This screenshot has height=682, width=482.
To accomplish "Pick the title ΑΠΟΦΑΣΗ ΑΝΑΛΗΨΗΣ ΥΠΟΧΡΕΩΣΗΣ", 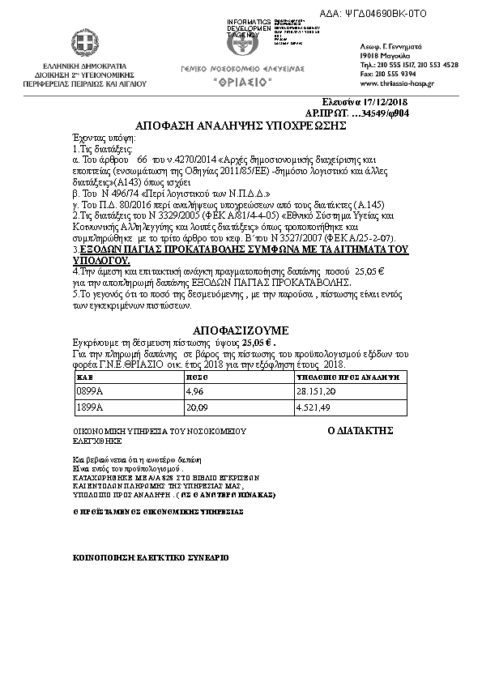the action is coord(241,126).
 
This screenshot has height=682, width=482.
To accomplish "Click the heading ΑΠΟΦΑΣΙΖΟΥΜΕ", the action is coord(241,331).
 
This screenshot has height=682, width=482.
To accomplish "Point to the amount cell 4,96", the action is coord(194,391).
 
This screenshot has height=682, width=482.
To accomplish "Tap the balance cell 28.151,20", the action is coord(318,391).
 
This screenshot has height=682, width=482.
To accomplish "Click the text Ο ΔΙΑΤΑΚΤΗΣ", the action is coord(360,430).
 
